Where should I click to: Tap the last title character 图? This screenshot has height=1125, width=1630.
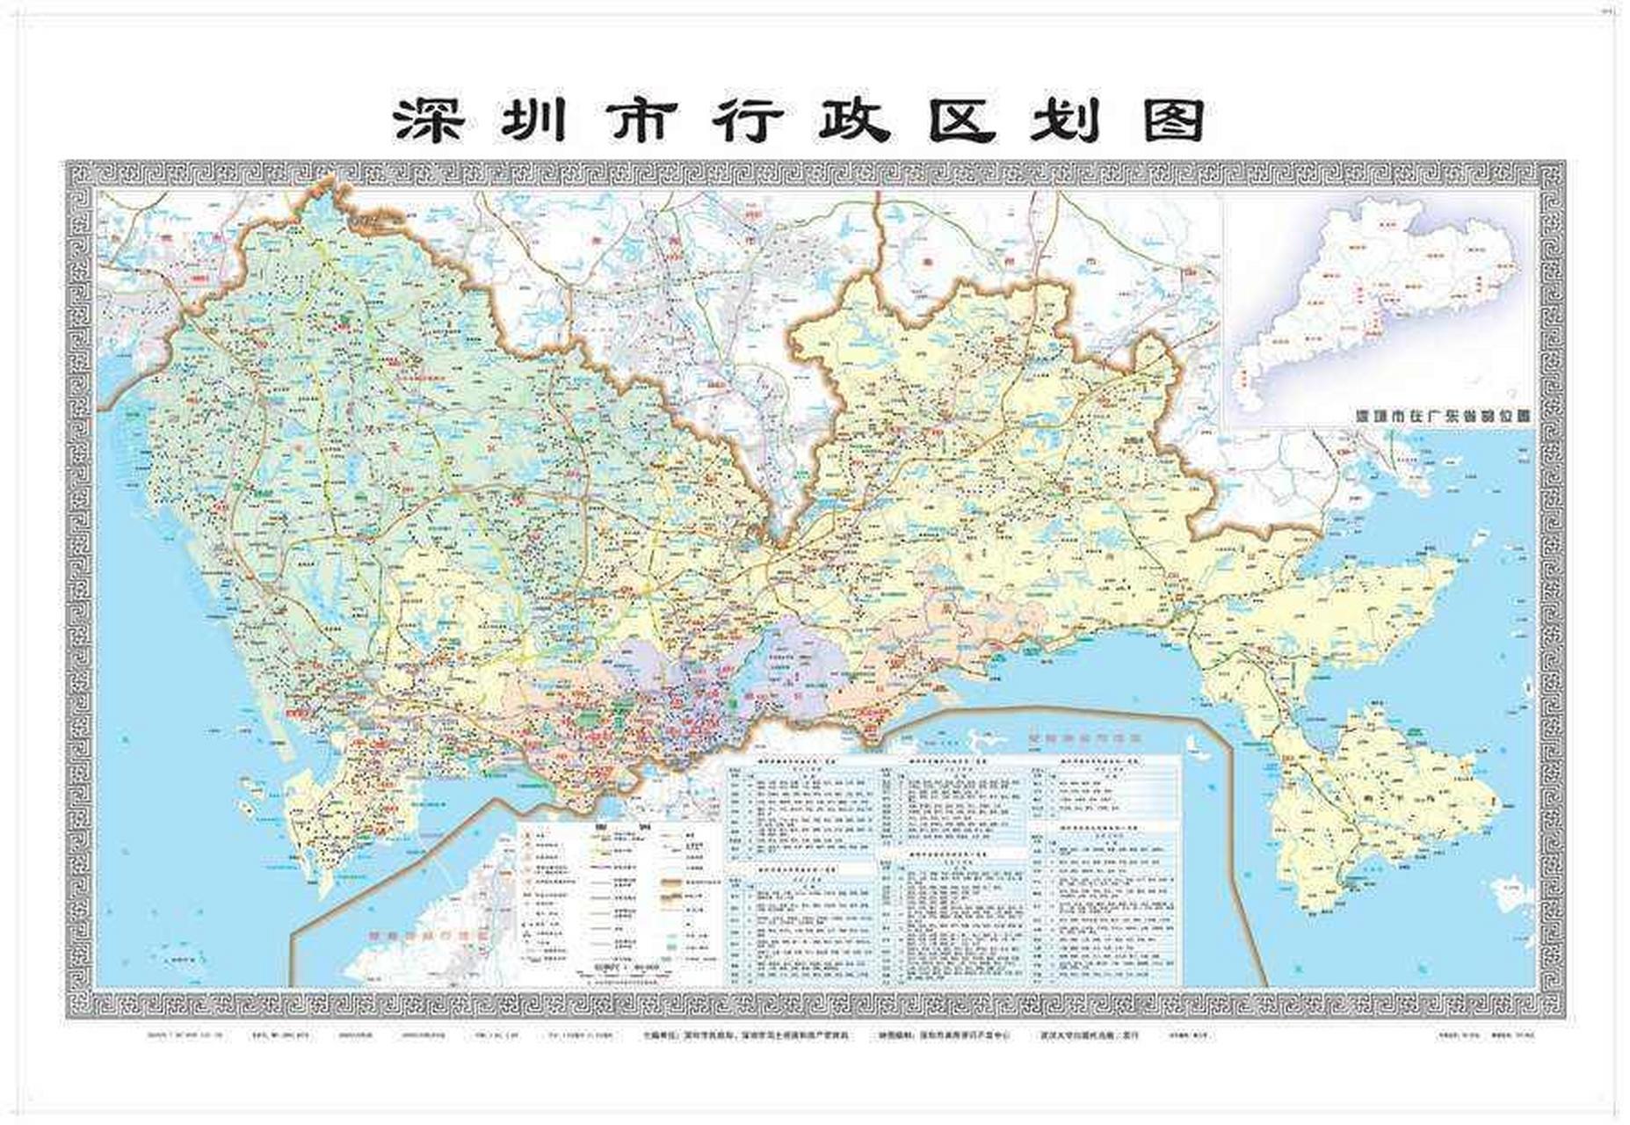coord(1173,121)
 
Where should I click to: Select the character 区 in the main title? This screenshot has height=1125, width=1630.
coord(962,121)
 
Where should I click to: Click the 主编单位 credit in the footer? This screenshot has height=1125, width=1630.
coord(747,1035)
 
